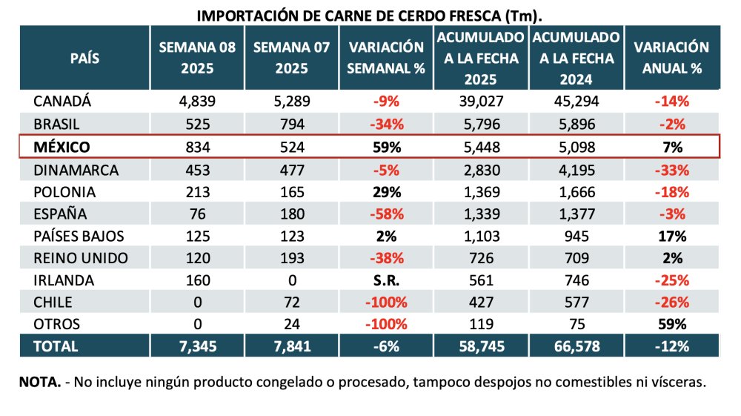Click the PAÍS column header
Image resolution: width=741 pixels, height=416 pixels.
(x=84, y=58)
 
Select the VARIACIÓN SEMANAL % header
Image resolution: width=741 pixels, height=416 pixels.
(x=386, y=58)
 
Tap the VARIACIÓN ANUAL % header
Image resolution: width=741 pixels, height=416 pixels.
(x=671, y=58)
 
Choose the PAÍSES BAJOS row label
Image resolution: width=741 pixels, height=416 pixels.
(x=78, y=237)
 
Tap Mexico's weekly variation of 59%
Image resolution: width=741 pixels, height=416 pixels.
(x=386, y=147)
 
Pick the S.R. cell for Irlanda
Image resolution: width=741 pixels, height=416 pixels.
(x=386, y=281)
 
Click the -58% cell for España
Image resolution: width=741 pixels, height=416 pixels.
(x=386, y=214)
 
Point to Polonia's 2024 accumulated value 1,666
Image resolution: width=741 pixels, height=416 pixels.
(x=576, y=191)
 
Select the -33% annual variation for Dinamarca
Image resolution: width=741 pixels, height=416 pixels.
(x=671, y=169)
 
